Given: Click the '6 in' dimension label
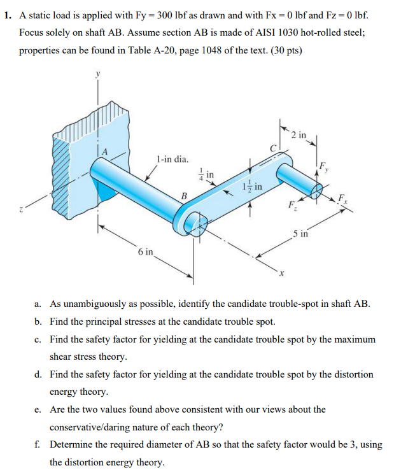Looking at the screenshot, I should point(145,252).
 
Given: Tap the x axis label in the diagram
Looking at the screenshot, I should point(278,274).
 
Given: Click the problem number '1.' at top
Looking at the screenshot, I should point(8,13).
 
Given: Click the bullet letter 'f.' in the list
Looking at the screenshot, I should point(40,444).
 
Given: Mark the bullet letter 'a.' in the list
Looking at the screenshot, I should point(40,304).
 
